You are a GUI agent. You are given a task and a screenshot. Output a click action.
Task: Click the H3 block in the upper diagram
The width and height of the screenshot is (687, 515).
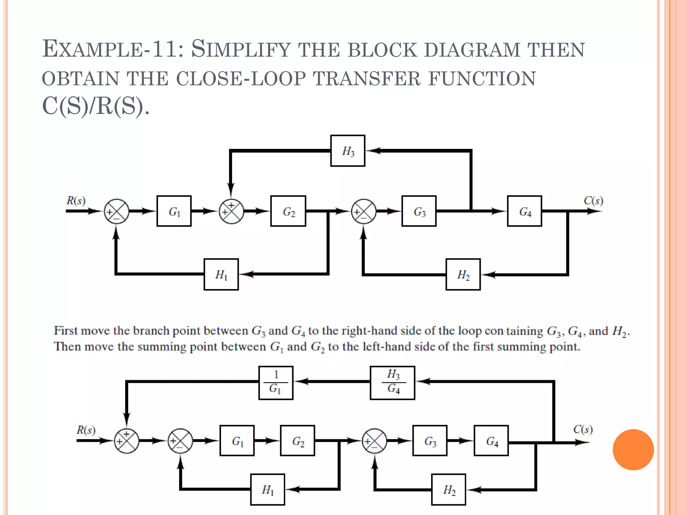coord(348,151)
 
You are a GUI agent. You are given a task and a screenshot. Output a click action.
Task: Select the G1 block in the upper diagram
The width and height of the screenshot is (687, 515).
coord(174,211)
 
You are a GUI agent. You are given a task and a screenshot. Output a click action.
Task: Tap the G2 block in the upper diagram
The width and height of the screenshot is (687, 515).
coord(288,211)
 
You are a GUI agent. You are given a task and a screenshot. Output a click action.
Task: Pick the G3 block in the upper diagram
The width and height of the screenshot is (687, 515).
coord(419,211)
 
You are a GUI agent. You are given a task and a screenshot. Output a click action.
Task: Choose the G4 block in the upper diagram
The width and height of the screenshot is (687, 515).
coord(524,211)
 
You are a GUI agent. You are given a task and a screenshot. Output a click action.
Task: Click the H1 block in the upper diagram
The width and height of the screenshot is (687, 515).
coord(221,274)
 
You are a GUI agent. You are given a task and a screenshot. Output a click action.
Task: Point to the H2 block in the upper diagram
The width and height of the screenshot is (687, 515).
coord(463,274)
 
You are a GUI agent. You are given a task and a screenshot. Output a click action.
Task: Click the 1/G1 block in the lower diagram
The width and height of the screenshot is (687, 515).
coord(276,383)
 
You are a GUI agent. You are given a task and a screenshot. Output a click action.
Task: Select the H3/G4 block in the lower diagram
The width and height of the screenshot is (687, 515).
coord(392,383)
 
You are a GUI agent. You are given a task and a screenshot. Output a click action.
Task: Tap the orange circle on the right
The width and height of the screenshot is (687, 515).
coord(633,450)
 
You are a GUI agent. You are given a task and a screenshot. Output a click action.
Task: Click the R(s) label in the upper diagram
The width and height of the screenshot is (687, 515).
coord(76,201)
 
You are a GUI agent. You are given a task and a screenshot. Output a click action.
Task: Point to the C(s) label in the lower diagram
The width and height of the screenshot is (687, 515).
coord(583,429)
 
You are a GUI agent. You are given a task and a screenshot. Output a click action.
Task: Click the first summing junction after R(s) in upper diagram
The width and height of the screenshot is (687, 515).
coord(116,212)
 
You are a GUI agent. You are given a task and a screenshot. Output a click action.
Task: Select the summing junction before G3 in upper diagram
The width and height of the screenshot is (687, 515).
coord(364,212)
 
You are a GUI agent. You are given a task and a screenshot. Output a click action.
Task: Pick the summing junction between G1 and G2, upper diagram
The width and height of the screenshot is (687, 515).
coord(231,212)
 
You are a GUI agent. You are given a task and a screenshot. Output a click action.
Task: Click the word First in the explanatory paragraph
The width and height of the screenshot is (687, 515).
coord(65,331)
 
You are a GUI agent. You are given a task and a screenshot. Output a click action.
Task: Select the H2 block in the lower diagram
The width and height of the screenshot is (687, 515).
coord(448,490)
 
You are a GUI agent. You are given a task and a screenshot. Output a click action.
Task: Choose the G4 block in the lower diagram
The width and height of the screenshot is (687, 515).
coord(491,441)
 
